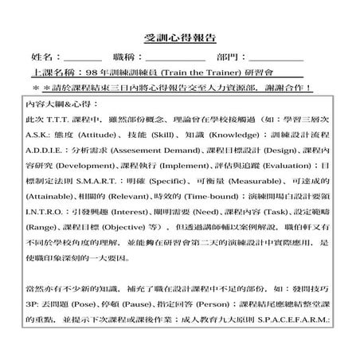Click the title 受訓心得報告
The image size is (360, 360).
point(180,38)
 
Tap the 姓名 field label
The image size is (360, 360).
point(45,57)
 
